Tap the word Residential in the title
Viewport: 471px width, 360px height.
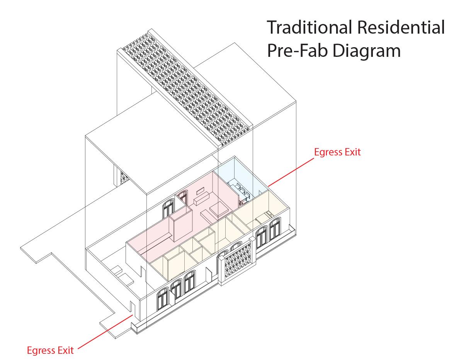402,28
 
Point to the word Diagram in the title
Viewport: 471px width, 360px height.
366,51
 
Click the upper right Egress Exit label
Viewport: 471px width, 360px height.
337,152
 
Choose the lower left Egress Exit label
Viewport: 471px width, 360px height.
50,350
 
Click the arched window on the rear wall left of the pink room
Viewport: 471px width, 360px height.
168,210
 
